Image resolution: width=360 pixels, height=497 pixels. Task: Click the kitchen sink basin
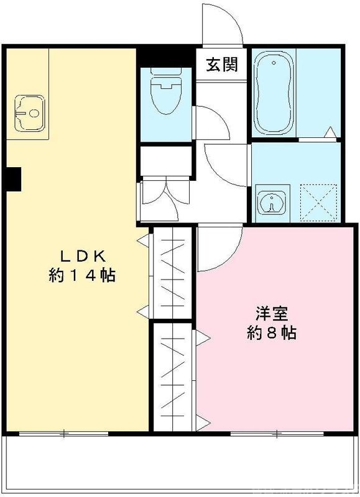point(29,112)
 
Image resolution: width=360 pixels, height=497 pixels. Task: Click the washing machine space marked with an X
point(319,202)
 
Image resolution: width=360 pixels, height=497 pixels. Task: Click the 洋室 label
point(270,312)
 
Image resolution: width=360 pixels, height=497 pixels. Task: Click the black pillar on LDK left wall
point(12,180)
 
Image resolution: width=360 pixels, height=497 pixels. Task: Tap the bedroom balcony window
point(277,432)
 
